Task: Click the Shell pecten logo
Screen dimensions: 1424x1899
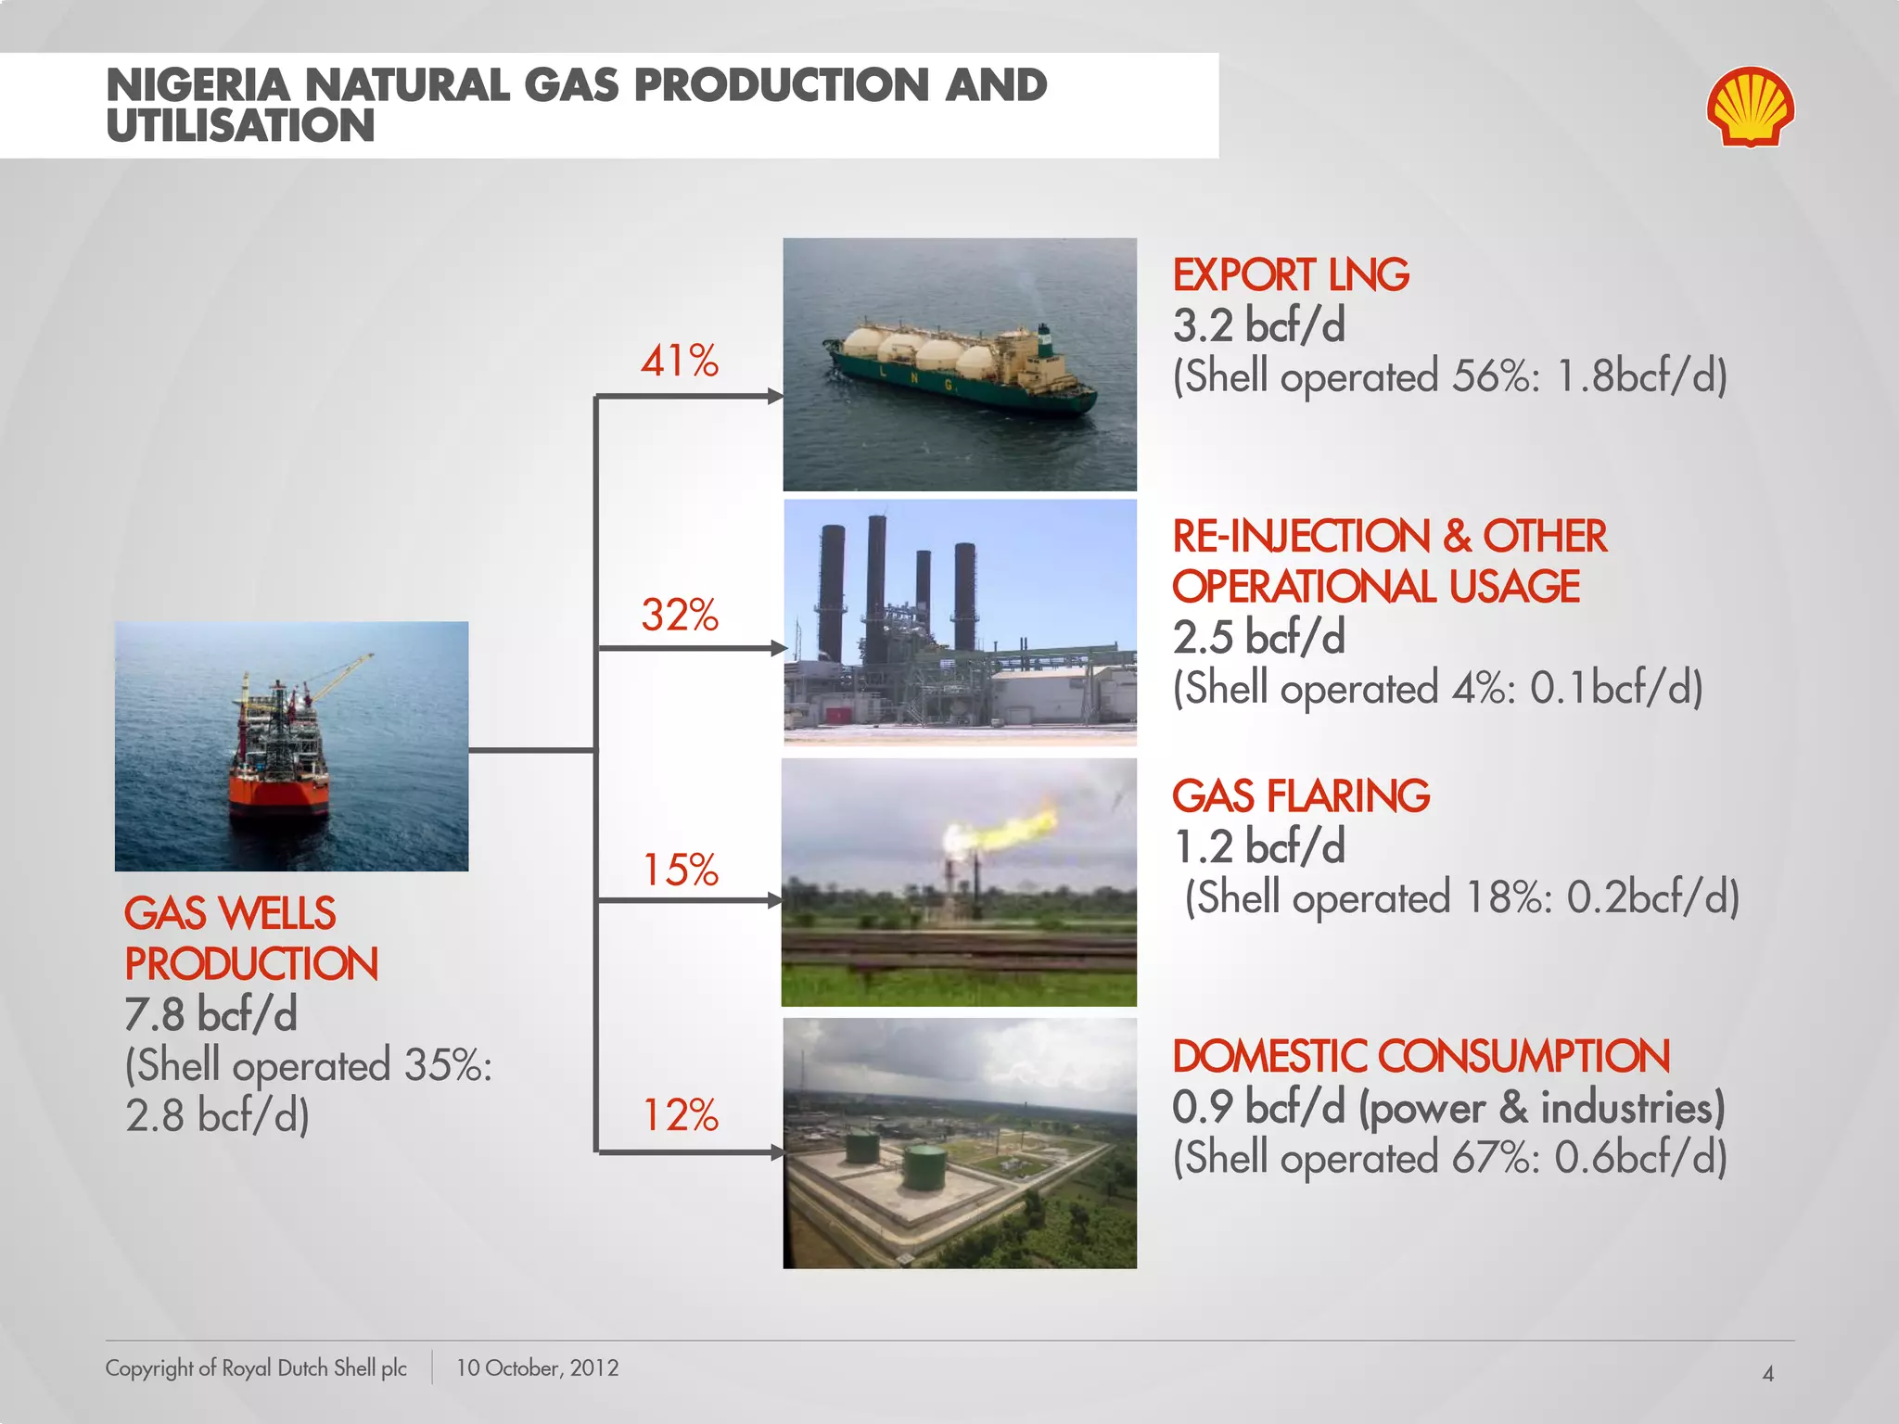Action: (1750, 107)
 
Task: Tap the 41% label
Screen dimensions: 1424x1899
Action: (680, 361)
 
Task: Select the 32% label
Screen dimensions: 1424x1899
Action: (680, 615)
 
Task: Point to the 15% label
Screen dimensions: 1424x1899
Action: (681, 870)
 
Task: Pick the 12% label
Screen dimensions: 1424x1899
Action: (681, 1115)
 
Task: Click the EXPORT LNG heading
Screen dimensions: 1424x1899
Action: (1291, 275)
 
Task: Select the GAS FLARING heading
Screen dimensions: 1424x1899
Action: (1301, 796)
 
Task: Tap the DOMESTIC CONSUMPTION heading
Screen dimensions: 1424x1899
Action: (1421, 1057)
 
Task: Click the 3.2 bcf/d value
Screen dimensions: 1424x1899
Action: (1258, 325)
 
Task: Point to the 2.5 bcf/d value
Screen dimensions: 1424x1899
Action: (1258, 638)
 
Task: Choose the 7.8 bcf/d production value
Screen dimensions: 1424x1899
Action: (210, 1014)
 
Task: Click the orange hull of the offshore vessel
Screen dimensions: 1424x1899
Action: (278, 795)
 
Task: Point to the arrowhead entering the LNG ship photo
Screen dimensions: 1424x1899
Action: (775, 397)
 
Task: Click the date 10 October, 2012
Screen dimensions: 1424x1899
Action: (537, 1367)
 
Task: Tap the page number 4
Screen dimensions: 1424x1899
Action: (1767, 1373)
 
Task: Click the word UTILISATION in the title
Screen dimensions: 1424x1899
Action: (240, 126)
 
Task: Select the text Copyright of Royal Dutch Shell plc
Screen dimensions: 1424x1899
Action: (256, 1367)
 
